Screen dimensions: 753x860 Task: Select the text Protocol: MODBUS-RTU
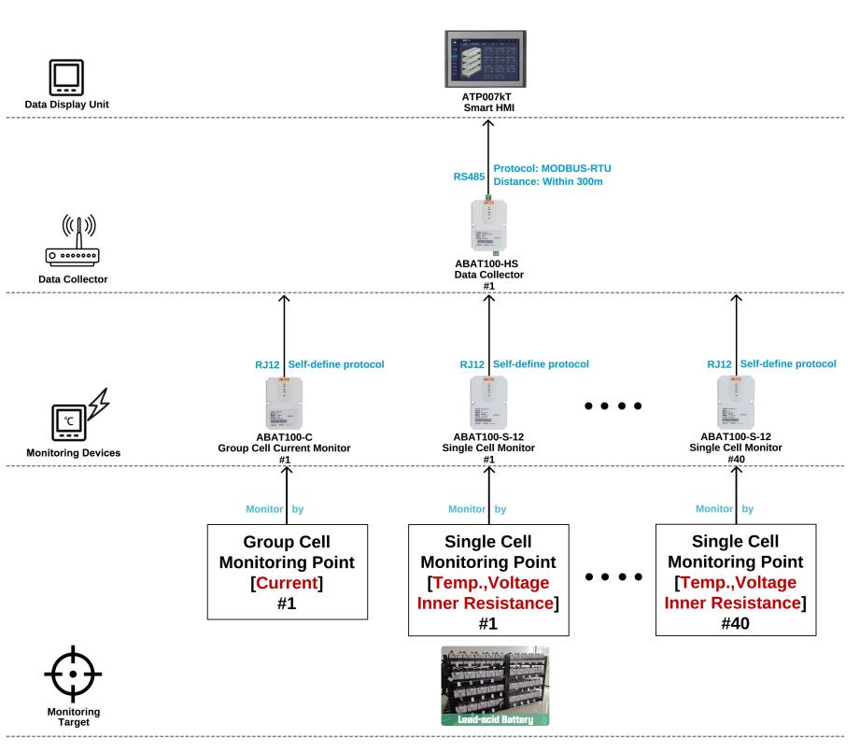(552, 167)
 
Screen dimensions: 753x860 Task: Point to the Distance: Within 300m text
(547, 180)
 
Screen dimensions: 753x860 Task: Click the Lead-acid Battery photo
(495, 686)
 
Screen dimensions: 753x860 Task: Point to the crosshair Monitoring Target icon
(73, 673)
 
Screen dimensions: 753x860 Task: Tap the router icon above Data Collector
(73, 241)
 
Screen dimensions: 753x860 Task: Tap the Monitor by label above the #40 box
(723, 510)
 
